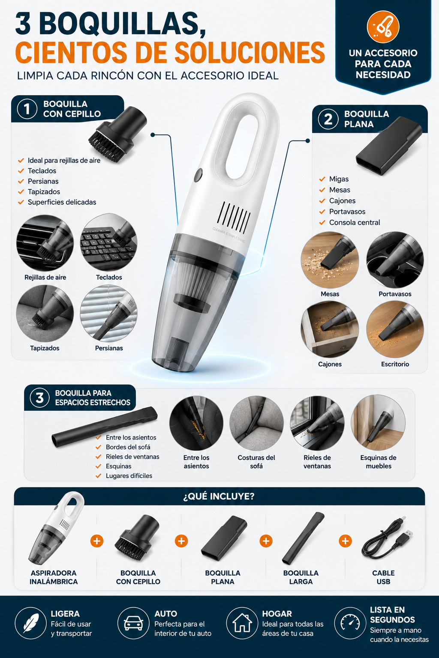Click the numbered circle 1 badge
27,109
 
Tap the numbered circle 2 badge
328,119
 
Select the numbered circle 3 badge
40,398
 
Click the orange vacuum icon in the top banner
383,27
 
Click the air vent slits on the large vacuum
234,217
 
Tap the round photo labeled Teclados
109,242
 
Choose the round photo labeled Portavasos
395,260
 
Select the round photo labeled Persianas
109,313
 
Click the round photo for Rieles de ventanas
317,423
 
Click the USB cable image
387,540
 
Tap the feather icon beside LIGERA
31,623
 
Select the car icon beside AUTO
133,623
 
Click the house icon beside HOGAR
242,623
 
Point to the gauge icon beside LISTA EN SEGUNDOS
350,623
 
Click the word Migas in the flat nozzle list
339,179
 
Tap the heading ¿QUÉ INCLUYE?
219,496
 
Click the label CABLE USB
383,577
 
